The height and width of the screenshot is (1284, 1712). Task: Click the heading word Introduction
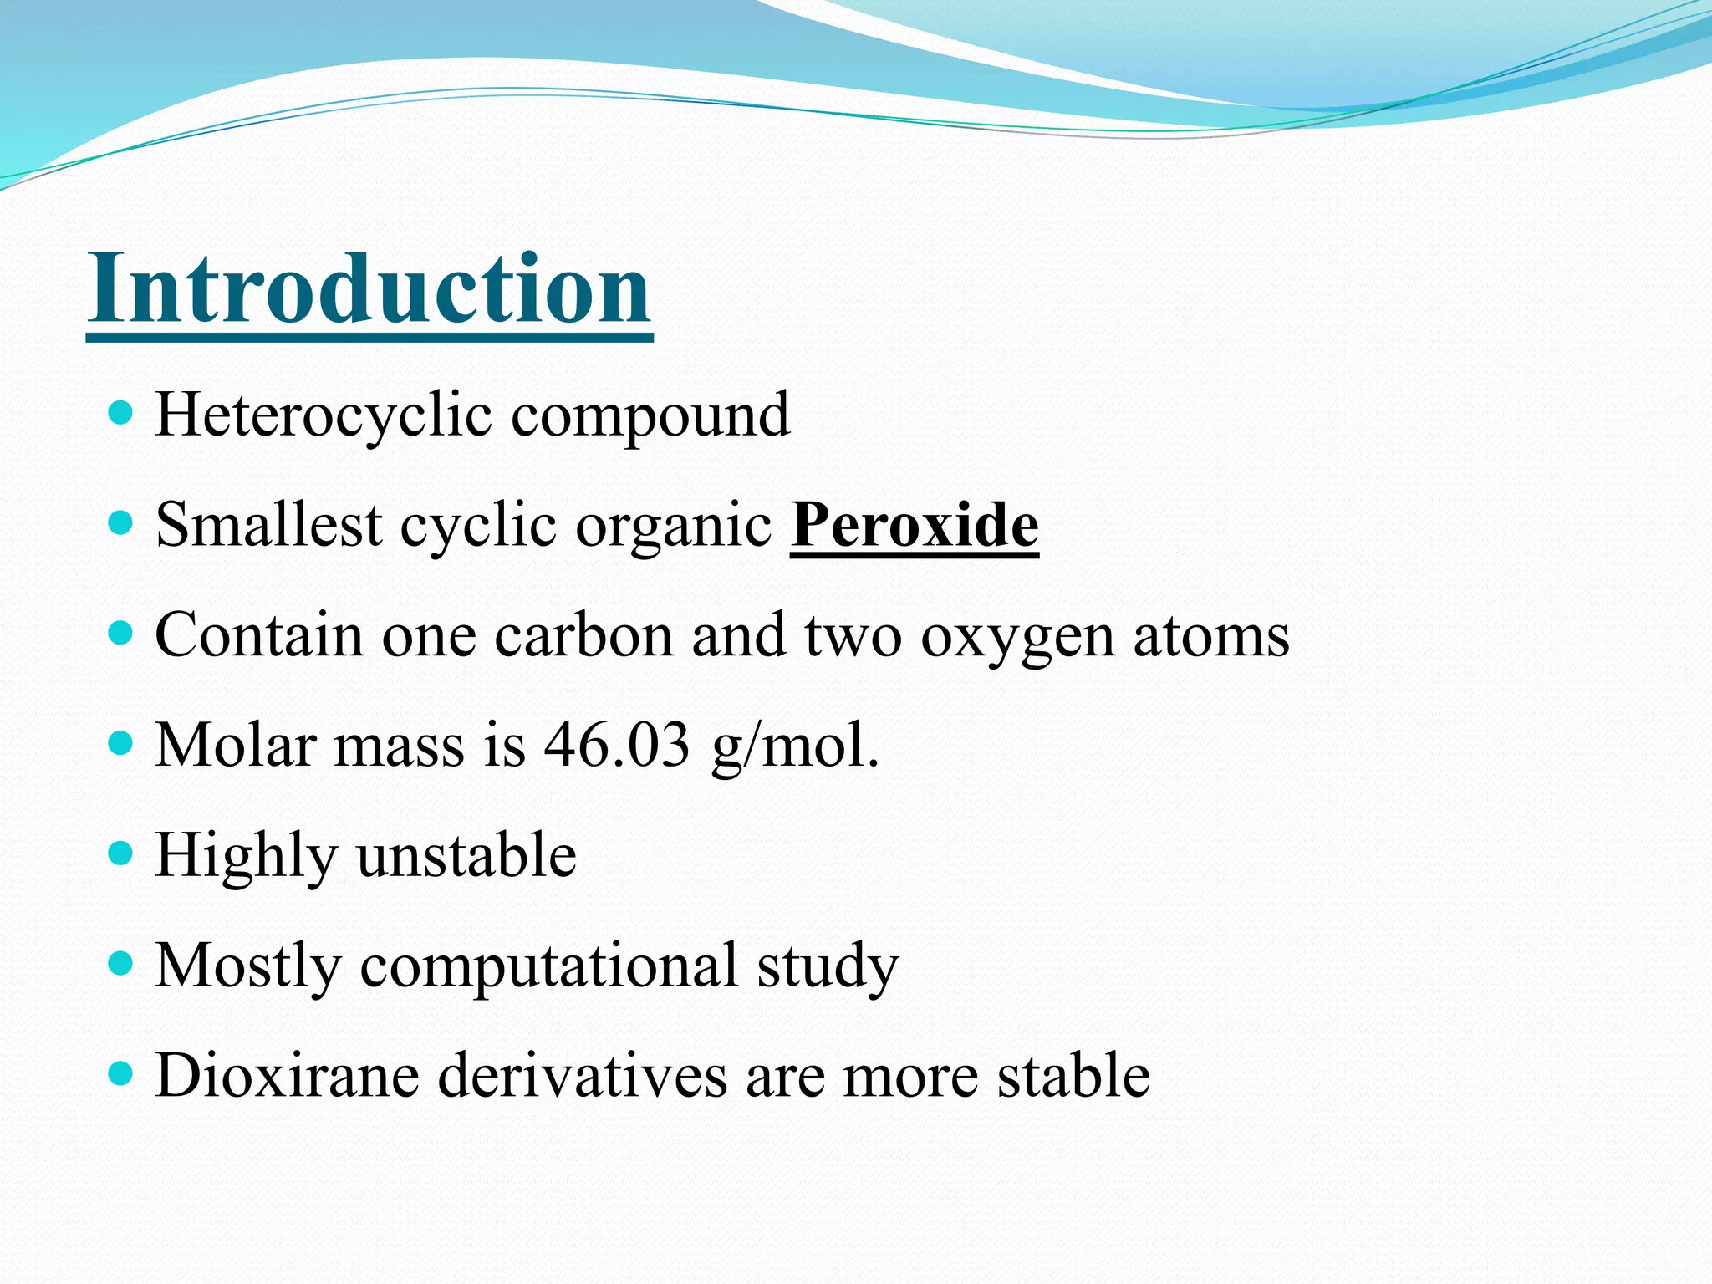coord(369,288)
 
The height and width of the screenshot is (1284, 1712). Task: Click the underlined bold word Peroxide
coord(914,525)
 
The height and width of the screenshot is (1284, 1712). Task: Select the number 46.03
coord(616,744)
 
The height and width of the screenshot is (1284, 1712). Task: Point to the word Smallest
coord(268,525)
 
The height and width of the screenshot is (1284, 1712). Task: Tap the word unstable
coord(466,855)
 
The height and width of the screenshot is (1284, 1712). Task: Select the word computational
coord(548,966)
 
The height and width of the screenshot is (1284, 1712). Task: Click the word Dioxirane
coord(287,1075)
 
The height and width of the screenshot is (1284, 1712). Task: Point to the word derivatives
coord(583,1075)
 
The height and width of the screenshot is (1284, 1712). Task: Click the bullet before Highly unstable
coord(121,853)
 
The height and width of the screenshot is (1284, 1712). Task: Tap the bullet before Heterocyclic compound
coord(121,413)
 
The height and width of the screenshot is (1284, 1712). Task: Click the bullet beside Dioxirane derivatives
coord(121,1073)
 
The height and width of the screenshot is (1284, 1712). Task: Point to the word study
coord(828,966)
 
